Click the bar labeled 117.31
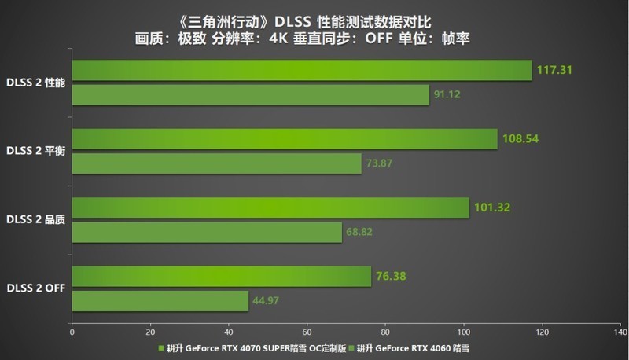(302, 70)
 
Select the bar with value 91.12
(251, 95)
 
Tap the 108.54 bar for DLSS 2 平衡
(285, 139)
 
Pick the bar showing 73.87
(217, 163)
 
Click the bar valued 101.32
(270, 208)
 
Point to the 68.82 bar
(208, 232)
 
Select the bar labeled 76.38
(222, 277)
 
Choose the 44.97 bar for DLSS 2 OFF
(160, 301)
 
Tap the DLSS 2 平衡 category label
(35, 150)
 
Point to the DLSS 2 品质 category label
(35, 219)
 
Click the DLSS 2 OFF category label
(35, 288)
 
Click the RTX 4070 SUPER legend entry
(256, 347)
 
